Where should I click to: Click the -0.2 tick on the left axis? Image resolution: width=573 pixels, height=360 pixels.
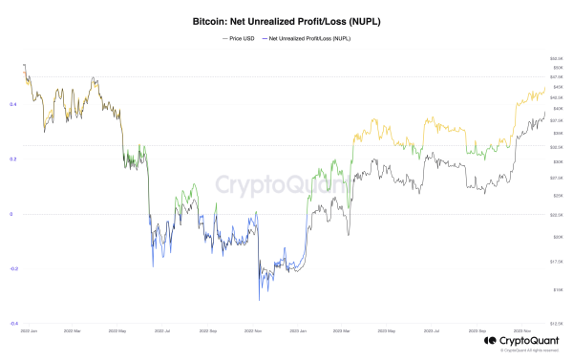(x=11, y=269)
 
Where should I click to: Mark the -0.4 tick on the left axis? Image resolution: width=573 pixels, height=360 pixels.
(x=11, y=324)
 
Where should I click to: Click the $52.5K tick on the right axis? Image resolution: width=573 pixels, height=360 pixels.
(x=556, y=59)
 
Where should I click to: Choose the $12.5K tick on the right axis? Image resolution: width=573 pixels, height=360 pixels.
(x=556, y=324)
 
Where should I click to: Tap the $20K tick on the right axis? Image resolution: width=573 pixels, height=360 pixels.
(x=555, y=236)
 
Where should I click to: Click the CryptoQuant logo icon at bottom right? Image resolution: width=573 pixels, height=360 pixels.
(x=489, y=339)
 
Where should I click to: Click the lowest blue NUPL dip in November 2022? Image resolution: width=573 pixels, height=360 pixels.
(x=260, y=300)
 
